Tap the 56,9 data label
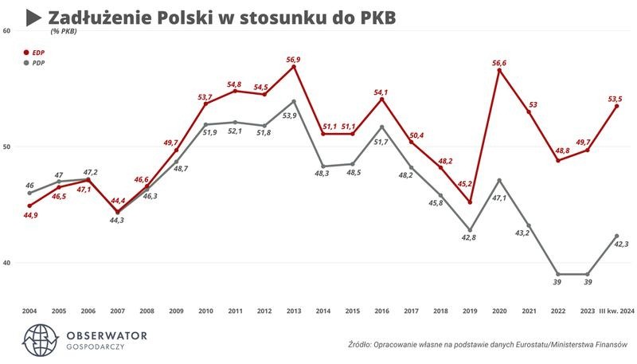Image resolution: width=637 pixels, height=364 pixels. click(x=294, y=58)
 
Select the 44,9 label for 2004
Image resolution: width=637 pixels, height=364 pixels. click(x=29, y=215)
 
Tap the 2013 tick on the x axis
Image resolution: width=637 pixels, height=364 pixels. click(x=293, y=311)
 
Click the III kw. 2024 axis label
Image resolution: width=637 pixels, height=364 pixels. click(x=616, y=311)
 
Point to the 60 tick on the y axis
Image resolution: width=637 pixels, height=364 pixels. click(x=6, y=31)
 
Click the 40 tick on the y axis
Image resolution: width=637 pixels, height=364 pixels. click(x=6, y=263)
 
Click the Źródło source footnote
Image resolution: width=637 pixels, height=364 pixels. click(x=488, y=345)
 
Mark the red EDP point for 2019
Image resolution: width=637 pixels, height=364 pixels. click(x=470, y=202)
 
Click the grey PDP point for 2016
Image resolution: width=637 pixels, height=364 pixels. click(x=381, y=127)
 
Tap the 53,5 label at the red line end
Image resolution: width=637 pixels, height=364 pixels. click(x=614, y=98)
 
